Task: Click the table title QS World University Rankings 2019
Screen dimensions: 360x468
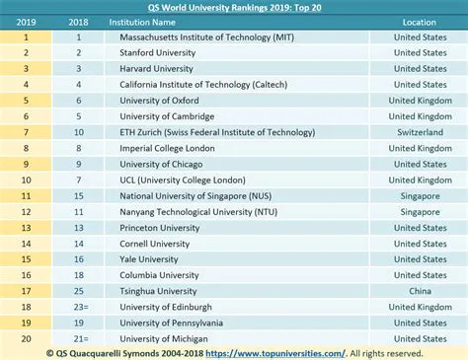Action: (233, 7)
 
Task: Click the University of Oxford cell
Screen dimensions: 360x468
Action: (152, 100)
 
